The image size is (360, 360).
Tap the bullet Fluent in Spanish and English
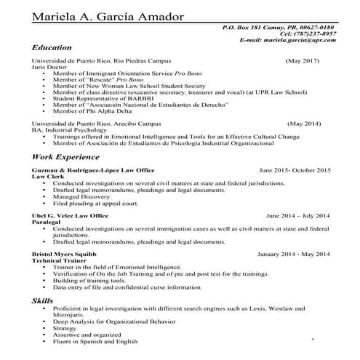pyautogui.click(x=95, y=341)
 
